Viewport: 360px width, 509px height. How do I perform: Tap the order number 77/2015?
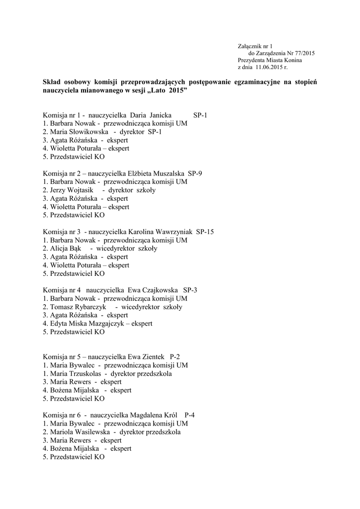[x=304, y=53]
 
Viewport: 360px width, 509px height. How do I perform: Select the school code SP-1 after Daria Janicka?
[x=200, y=115]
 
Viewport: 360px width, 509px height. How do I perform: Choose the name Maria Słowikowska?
[x=78, y=132]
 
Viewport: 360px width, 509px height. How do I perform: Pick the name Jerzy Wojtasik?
[x=71, y=190]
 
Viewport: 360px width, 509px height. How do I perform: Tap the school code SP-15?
[x=205, y=232]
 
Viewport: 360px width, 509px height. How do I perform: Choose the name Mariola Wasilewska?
[x=80, y=432]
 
